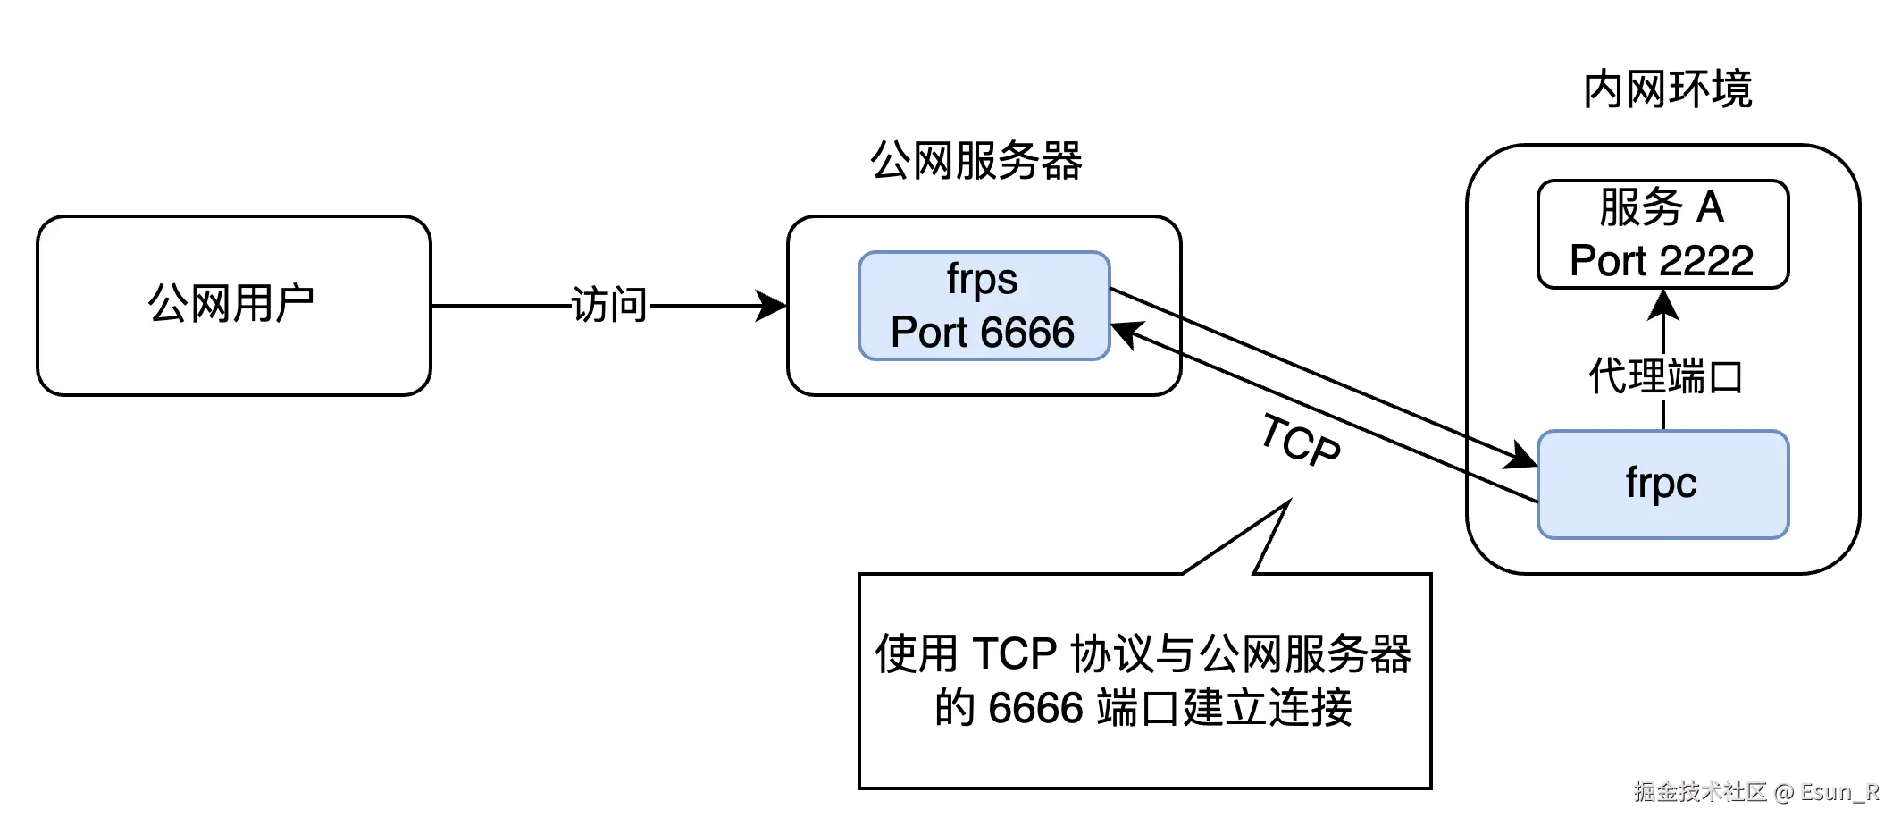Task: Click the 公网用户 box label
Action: tap(230, 304)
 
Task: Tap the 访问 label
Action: tap(610, 304)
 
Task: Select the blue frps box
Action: tap(984, 306)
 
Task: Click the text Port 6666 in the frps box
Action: tap(983, 333)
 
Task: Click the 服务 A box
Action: tap(1662, 234)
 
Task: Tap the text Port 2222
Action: tap(1662, 261)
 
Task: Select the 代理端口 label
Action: tap(1665, 375)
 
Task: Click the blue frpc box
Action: tap(1662, 485)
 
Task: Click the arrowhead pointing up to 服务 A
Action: tap(1662, 304)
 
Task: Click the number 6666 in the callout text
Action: tap(1035, 708)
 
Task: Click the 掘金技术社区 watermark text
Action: tap(1697, 791)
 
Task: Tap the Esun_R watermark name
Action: tap(1838, 791)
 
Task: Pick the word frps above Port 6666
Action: tap(982, 279)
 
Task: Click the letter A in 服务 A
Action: tap(1710, 207)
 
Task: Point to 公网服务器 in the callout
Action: tap(1304, 653)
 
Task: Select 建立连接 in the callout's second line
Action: tap(1268, 708)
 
